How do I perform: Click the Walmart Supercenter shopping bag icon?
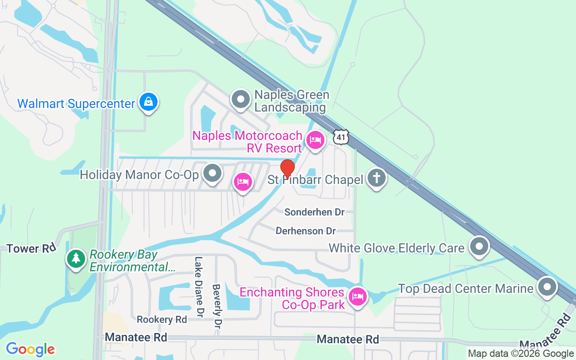(148, 103)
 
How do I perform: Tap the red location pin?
(287, 169)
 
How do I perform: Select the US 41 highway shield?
(342, 137)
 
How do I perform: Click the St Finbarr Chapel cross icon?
(377, 178)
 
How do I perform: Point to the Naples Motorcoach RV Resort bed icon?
(315, 140)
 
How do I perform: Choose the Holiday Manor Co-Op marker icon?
(212, 173)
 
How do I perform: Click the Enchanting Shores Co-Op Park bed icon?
(358, 297)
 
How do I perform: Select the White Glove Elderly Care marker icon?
(479, 247)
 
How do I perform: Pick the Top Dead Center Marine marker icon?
(547, 287)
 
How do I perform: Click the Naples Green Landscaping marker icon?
(241, 99)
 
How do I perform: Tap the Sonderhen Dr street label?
(314, 212)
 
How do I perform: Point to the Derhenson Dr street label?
(306, 231)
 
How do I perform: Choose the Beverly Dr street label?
(217, 306)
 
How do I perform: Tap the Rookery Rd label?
(162, 319)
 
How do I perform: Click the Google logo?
(30, 349)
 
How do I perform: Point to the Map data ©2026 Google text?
(520, 354)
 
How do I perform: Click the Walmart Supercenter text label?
(76, 104)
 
